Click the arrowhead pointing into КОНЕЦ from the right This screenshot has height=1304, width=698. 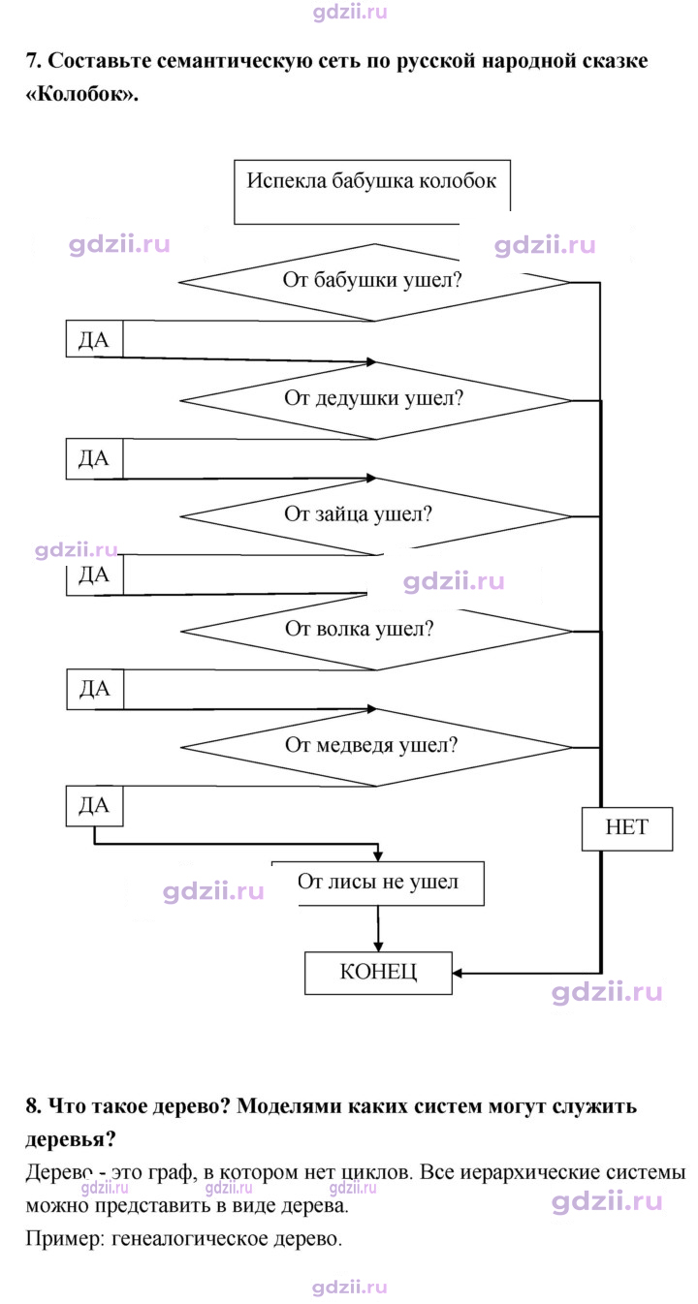pyautogui.click(x=458, y=973)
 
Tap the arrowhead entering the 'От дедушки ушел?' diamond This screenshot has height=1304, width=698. pyautogui.click(x=371, y=362)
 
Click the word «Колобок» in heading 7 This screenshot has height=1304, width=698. pyautogui.click(x=82, y=94)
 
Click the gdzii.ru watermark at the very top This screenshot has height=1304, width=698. pyautogui.click(x=350, y=12)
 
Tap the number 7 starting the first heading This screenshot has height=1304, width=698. pyautogui.click(x=33, y=60)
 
